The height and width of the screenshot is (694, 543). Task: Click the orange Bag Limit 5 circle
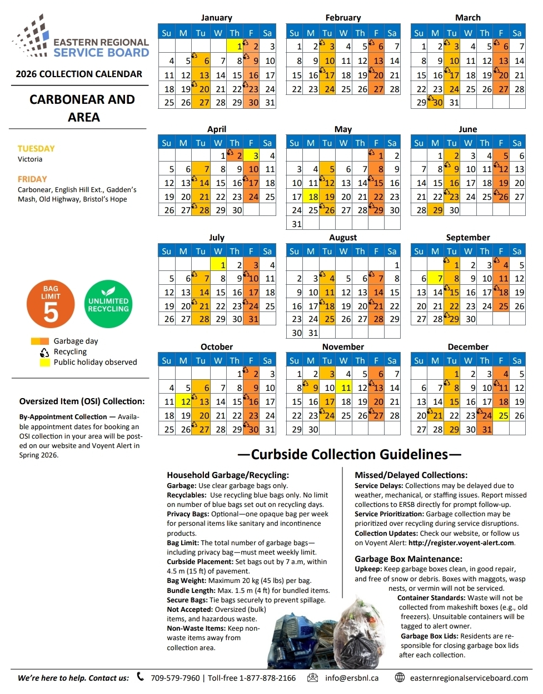coord(51,304)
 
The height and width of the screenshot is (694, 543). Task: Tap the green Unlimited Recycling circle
coord(108,304)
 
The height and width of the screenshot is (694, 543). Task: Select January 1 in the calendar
coord(235,47)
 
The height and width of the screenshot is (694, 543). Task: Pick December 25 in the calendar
coord(502,415)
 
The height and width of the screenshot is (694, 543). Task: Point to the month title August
coord(343,238)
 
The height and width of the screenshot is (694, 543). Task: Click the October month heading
coord(217,347)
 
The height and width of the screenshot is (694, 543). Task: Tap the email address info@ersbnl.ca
coord(352,678)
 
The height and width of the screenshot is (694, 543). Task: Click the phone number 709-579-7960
coord(175,678)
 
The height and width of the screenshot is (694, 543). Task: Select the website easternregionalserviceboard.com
coord(469,678)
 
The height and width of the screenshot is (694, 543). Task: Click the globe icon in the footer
coord(400,677)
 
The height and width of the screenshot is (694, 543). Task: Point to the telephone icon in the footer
coord(141,677)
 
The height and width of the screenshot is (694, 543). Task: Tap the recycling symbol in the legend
coord(44,352)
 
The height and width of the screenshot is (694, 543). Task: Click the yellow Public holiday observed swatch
coord(44,363)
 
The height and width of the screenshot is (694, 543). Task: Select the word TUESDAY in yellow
coord(36,149)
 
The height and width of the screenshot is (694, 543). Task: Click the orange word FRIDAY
coord(32,179)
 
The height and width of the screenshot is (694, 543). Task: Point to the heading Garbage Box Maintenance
coord(409,559)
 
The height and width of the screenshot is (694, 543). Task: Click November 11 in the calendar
coord(346,388)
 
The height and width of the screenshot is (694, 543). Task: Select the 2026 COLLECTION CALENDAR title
coord(79,74)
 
